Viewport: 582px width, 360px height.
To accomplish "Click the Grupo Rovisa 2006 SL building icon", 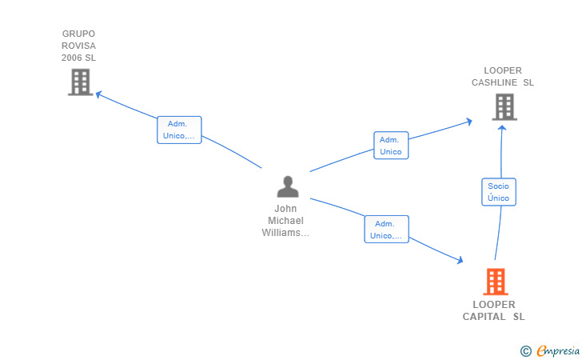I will tap(80, 82).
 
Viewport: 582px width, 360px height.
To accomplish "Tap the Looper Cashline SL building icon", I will tap(504, 106).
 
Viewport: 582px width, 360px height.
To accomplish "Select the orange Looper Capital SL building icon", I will tap(495, 282).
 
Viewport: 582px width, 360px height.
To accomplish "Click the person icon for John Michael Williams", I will tap(287, 186).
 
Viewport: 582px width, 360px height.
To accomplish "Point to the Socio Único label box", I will tap(498, 192).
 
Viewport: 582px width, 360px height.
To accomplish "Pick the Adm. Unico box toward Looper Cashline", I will tap(390, 146).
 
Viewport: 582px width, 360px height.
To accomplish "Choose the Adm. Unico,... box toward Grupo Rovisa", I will tap(179, 130).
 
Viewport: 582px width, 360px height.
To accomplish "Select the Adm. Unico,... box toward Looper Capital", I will tap(386, 230).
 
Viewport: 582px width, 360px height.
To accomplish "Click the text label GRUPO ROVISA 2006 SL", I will tap(78, 46).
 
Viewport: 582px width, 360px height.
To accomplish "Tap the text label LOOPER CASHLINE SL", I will tap(502, 77).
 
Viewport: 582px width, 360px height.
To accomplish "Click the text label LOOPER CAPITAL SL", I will tap(494, 310).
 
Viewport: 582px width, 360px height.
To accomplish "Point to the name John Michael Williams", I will tap(285, 221).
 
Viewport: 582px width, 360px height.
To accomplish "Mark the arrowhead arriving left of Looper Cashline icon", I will tap(468, 122).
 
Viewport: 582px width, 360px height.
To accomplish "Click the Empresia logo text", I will tap(558, 350).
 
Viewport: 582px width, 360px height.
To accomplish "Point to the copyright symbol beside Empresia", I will tap(526, 350).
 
